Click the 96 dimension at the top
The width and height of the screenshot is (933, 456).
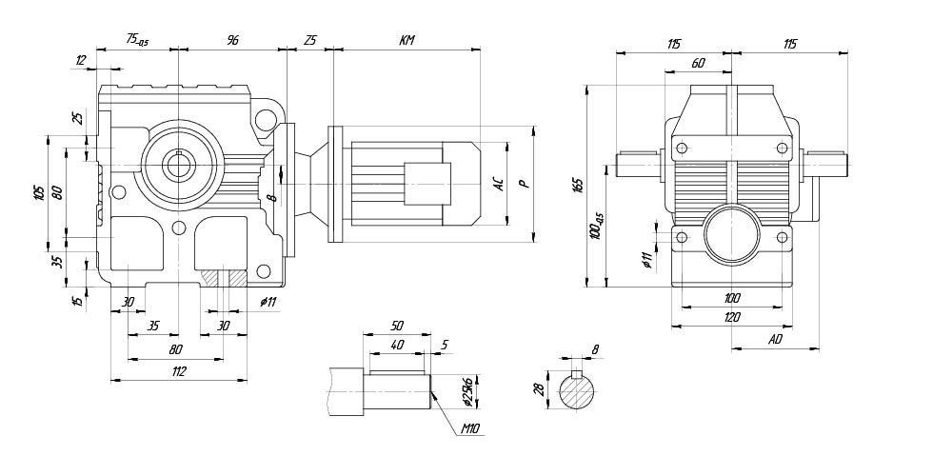[231, 40]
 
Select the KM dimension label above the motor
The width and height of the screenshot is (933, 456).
[407, 40]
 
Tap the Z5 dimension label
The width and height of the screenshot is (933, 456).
[310, 40]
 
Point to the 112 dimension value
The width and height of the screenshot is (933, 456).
[178, 370]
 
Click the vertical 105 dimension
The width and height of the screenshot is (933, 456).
[40, 192]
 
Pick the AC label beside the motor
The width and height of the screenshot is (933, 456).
[498, 184]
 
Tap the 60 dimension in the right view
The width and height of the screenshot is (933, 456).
[698, 64]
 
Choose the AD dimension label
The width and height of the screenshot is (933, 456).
[776, 339]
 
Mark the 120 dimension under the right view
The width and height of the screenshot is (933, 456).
[731, 317]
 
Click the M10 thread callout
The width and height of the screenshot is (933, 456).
[468, 429]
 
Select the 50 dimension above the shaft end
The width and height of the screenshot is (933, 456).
[397, 326]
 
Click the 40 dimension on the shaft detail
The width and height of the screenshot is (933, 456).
[397, 344]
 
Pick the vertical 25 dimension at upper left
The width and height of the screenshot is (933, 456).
[78, 119]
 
